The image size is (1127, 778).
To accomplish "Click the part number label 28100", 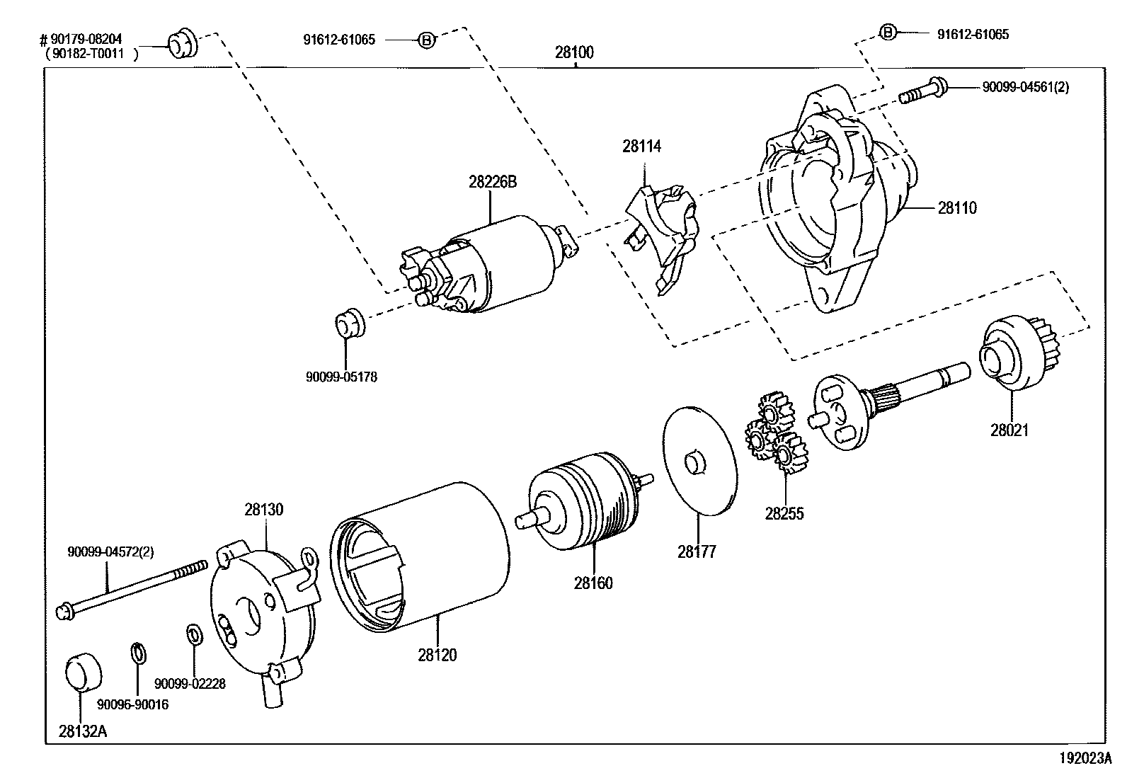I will tap(574, 52).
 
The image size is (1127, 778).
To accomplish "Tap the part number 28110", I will tap(957, 208).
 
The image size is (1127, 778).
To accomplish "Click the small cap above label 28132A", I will tap(84, 673).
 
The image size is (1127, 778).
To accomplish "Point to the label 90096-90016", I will tap(133, 704).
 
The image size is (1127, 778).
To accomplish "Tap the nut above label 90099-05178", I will tap(347, 323).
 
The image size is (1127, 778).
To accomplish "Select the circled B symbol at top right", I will tap(888, 32).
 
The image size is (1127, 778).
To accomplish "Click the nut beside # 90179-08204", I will tap(183, 44).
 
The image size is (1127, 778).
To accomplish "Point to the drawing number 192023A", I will tap(1085, 758).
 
